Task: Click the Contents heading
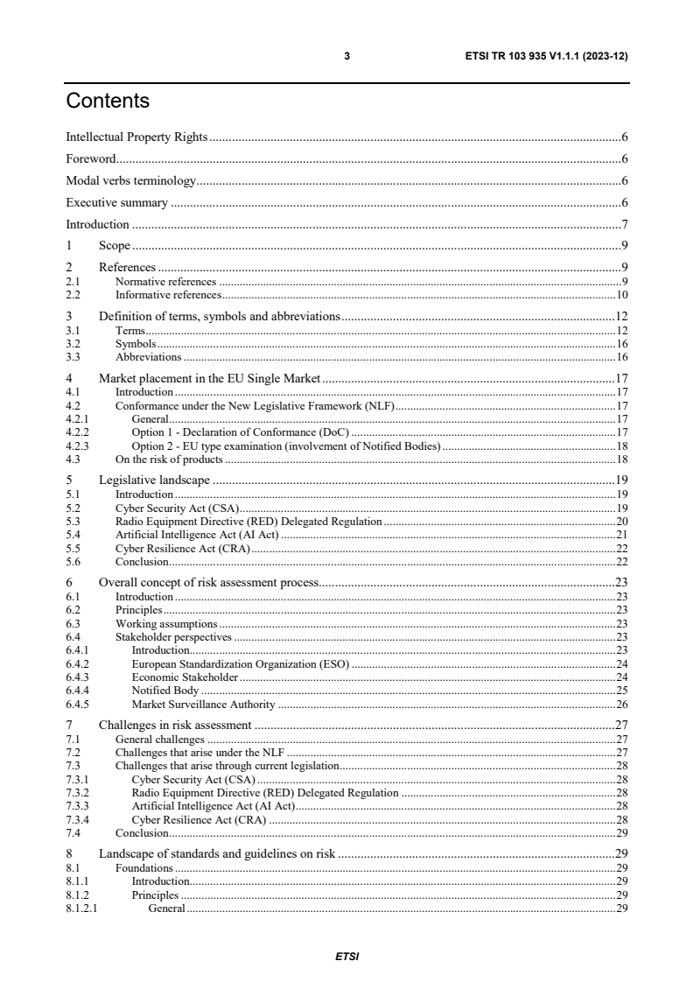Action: point(108,102)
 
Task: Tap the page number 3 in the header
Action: point(347,56)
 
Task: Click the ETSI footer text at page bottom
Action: point(347,957)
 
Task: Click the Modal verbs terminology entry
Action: point(131,181)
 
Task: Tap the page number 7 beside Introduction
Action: point(624,225)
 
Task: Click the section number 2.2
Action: point(73,295)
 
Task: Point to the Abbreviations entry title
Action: point(148,357)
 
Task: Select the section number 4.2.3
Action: point(78,445)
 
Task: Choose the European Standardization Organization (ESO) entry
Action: point(240,663)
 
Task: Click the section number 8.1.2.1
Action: point(82,908)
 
